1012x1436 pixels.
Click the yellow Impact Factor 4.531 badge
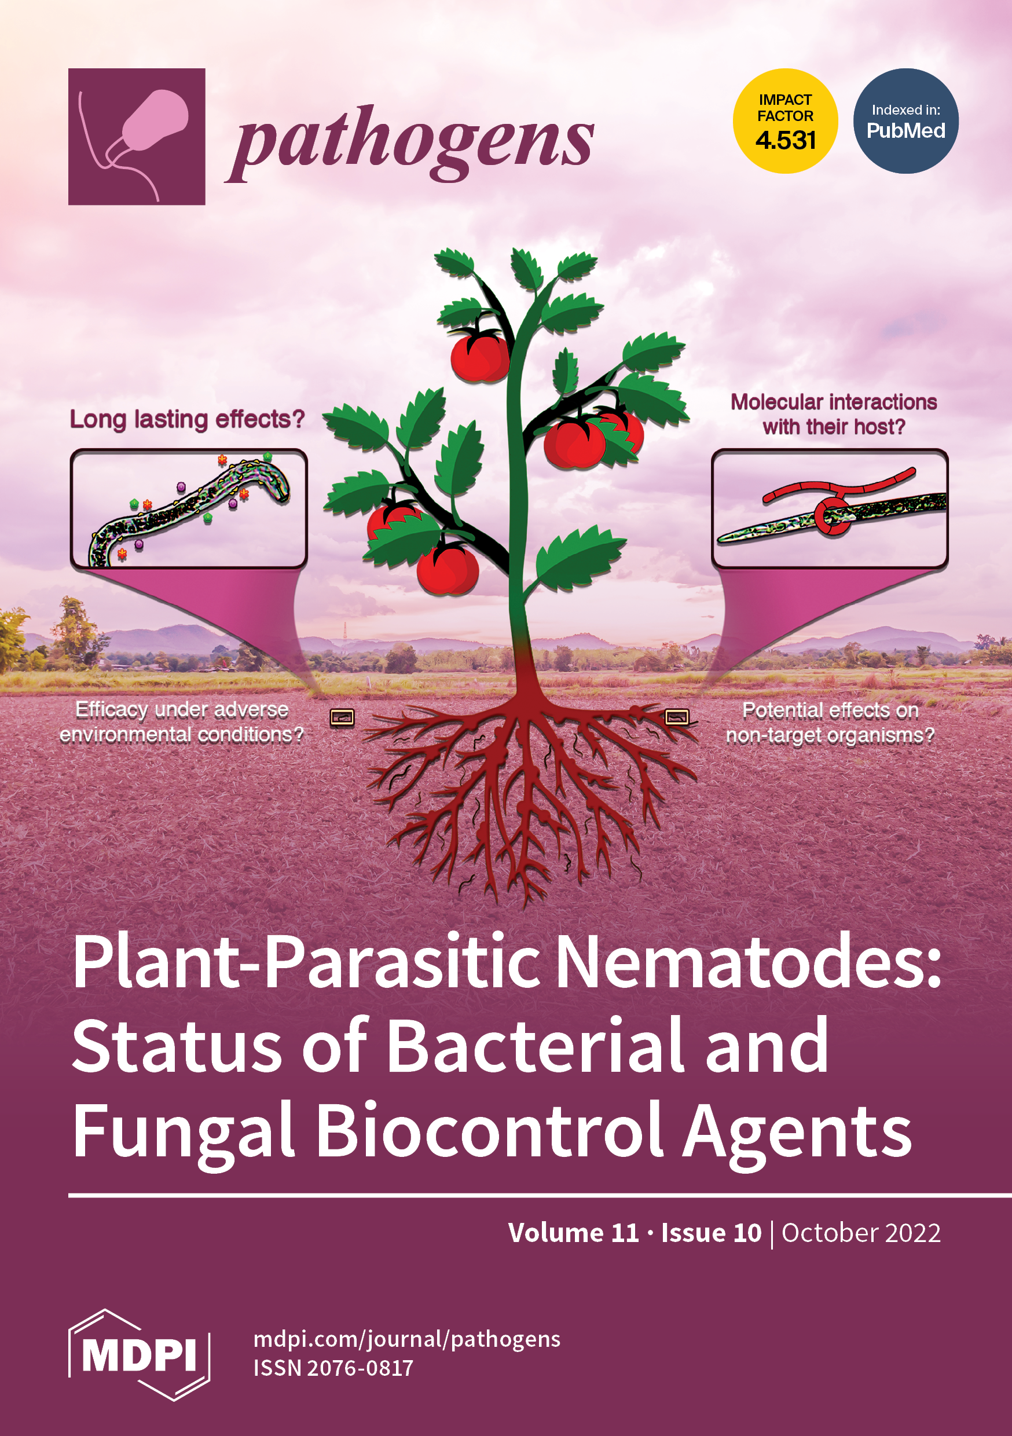[785, 120]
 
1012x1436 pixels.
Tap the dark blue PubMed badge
[905, 120]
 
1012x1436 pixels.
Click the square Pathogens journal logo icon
[137, 136]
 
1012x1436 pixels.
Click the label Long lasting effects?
[187, 419]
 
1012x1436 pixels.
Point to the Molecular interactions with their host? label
[834, 414]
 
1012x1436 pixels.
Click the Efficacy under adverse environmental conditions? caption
[181, 721]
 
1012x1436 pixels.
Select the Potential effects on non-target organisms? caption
[830, 723]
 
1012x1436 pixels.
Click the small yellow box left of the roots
[342, 717]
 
